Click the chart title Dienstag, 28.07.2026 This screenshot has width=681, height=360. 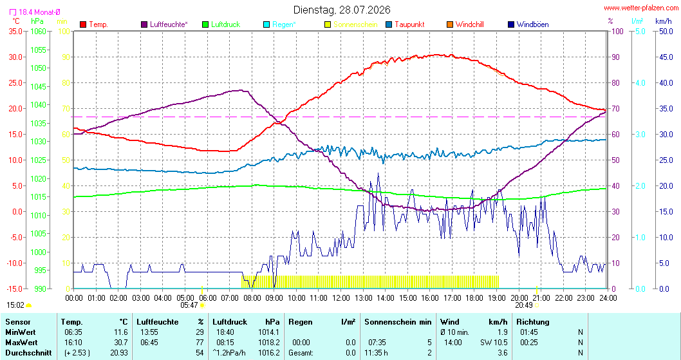click(x=342, y=10)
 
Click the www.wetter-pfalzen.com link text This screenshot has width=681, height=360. click(x=641, y=8)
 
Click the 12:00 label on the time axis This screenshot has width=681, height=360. click(x=341, y=298)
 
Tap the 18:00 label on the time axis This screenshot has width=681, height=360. click(x=474, y=298)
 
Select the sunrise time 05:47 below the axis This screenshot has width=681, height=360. click(x=189, y=305)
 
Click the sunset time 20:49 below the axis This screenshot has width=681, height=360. click(x=524, y=305)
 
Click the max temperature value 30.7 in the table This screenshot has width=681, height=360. click(x=121, y=343)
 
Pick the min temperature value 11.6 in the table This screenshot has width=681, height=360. click(x=121, y=332)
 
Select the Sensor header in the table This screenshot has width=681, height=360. click(x=18, y=322)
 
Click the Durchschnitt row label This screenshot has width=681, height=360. click(x=28, y=353)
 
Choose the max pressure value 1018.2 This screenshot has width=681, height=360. click(x=269, y=343)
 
